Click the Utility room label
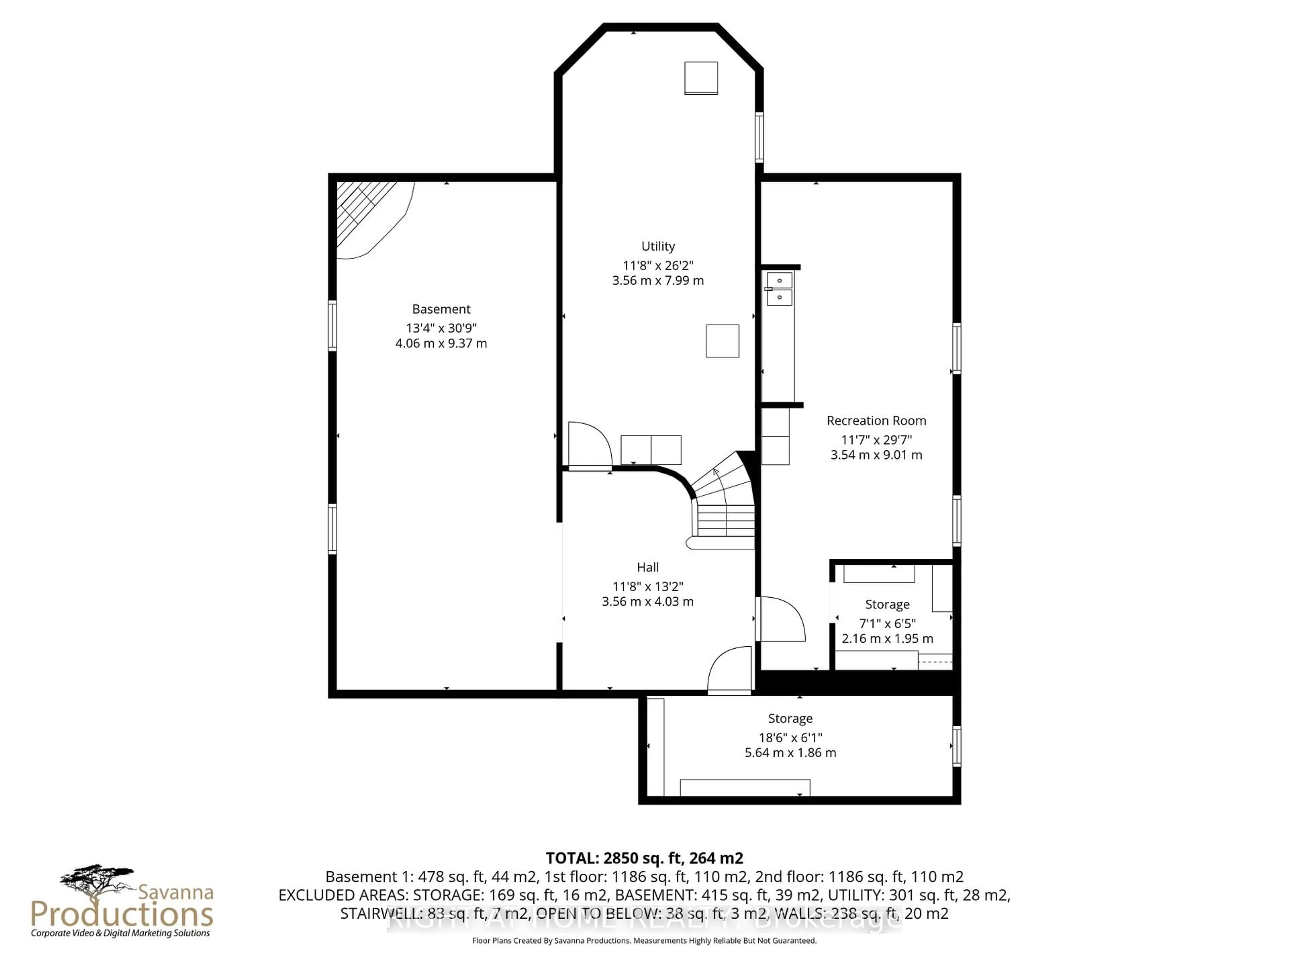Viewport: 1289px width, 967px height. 658,246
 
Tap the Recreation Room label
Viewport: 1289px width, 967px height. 876,420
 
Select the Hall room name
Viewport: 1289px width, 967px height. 648,567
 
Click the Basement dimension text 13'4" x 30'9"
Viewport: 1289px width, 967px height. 441,328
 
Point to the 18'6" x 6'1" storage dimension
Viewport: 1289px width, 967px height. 790,737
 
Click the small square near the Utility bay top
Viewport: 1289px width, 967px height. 701,78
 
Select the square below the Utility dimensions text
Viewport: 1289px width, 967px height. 723,341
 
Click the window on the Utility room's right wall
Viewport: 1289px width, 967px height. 759,137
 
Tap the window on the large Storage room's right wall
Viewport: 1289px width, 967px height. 956,746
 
